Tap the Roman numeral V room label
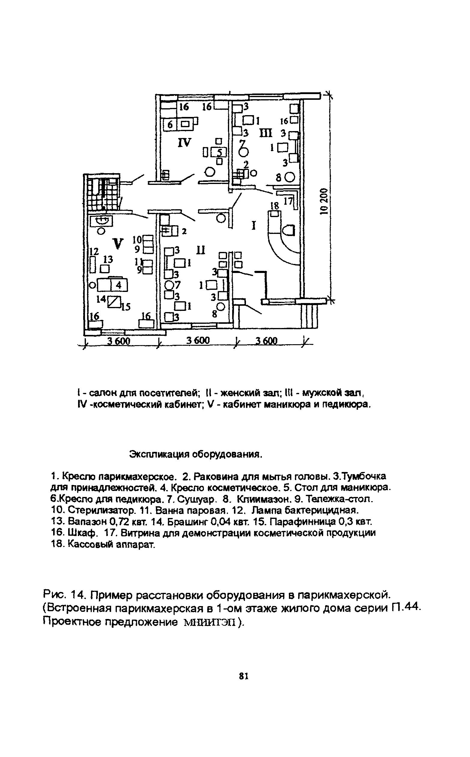(x=118, y=243)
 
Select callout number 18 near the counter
(x=275, y=205)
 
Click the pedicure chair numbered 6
(x=170, y=125)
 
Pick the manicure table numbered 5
(x=220, y=152)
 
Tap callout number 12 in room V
(x=94, y=251)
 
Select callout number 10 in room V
(x=137, y=240)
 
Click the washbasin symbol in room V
(x=102, y=221)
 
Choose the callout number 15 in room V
(x=126, y=307)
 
